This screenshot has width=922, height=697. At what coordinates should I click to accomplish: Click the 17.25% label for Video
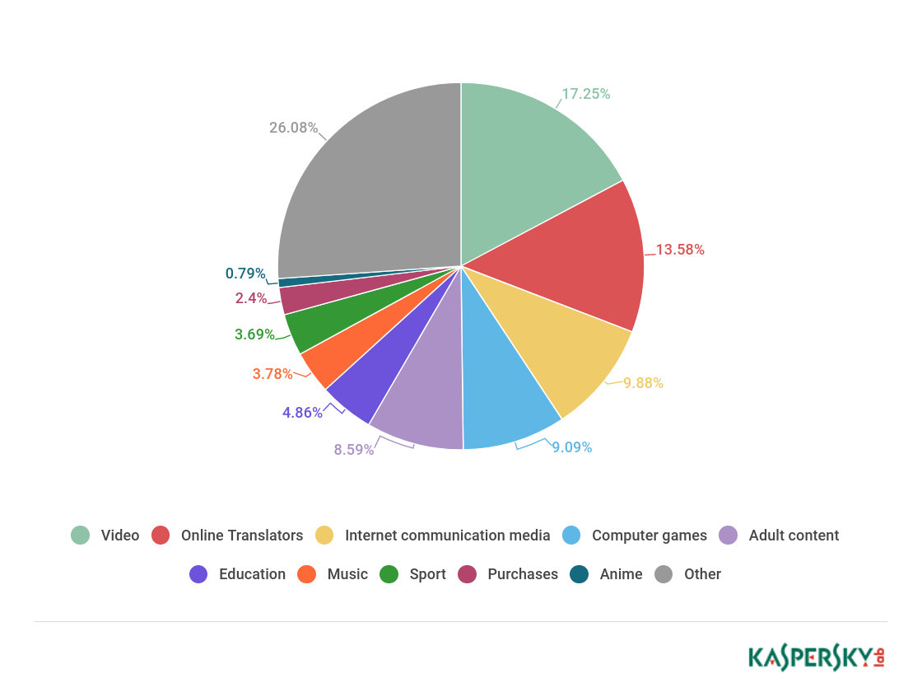pos(585,94)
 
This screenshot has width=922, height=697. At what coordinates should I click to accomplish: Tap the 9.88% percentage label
pos(643,383)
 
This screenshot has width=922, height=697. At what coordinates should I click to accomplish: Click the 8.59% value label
pos(354,450)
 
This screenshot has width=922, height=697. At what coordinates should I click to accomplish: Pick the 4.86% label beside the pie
pos(302,413)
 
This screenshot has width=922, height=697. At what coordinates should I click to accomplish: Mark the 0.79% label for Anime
pos(245,274)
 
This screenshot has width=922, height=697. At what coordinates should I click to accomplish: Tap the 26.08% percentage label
pos(293,128)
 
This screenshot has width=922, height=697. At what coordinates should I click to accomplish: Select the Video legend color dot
pos(80,536)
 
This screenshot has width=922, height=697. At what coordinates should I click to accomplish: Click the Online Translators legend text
pos(242,536)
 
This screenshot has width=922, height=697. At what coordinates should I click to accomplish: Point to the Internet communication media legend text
pos(447,536)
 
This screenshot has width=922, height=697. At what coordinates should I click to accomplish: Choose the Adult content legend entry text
pos(794,536)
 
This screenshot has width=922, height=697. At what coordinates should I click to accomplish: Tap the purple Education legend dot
pos(198,574)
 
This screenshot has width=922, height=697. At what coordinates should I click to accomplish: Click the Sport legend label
pos(427,574)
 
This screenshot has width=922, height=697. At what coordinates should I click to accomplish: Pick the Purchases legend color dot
pos(467,574)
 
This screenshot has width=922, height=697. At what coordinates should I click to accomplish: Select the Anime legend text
pos(621,574)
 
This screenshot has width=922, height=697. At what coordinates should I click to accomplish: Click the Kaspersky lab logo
pos(816,657)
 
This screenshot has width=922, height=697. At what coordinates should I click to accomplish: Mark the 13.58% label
pos(680,250)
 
